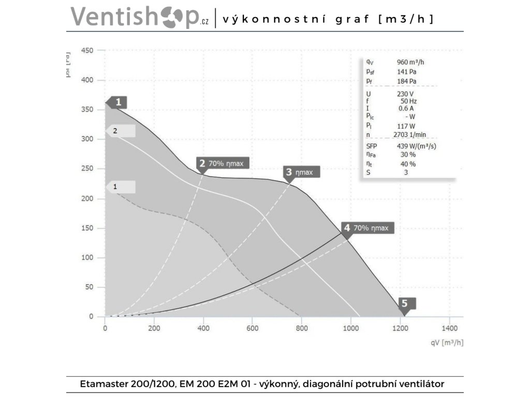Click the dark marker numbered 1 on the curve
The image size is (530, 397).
117,102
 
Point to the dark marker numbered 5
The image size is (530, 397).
406,304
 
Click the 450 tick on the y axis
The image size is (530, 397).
87,51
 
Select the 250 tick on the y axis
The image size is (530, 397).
87,169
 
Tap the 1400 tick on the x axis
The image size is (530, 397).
449,328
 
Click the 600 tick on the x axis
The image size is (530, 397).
252,328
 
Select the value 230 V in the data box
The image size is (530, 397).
406,94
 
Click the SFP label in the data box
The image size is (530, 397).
372,146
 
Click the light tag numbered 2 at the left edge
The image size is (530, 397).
120,131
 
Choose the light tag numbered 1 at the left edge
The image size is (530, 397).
120,186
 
